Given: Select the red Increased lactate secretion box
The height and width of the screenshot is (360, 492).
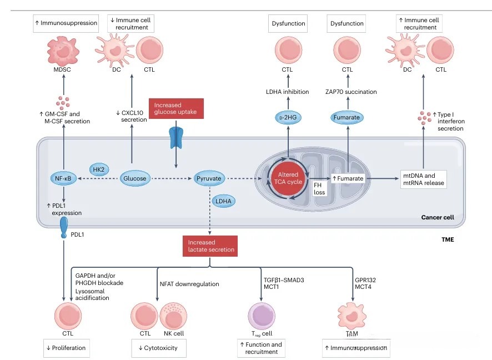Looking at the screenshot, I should coord(210,246).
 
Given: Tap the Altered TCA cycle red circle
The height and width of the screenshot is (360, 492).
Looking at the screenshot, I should coord(287,178).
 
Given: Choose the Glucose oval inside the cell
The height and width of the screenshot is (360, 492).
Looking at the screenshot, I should coord(135,179).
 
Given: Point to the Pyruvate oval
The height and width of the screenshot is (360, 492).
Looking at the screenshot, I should coord(209,179).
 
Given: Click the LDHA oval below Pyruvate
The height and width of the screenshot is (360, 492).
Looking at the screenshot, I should coord(224,201).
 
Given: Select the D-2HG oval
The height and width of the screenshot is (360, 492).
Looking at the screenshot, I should coord(287,117).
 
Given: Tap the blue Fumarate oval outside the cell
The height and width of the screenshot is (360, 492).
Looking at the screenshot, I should coord(348,117).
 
